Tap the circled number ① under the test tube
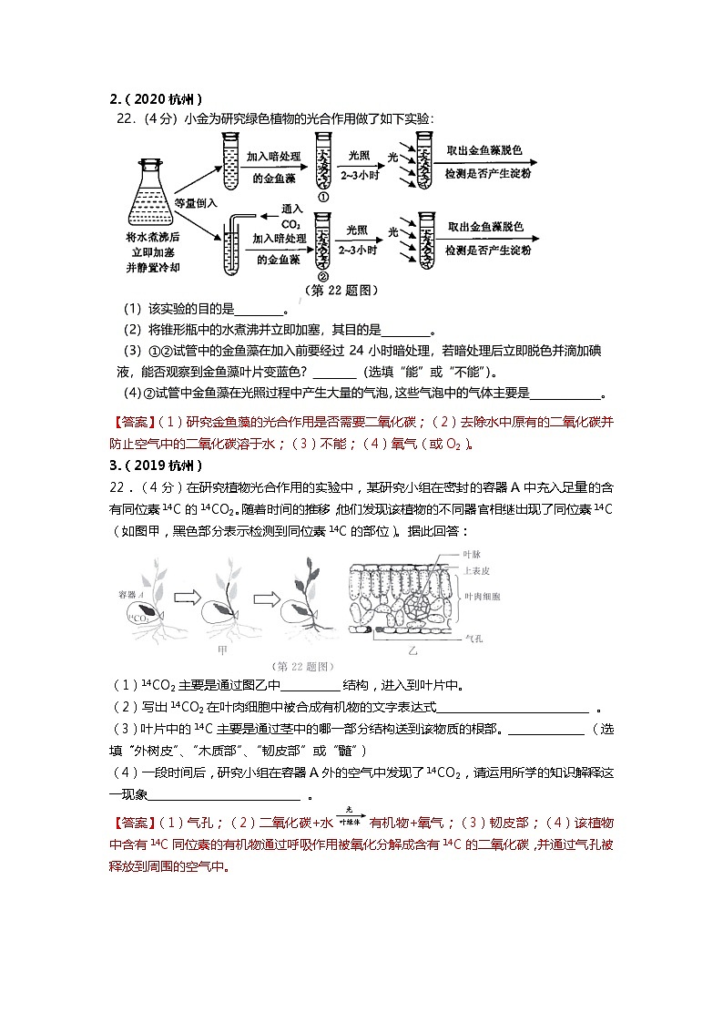click(322, 198)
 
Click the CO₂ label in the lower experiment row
click(291, 222)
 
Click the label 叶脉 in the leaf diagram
click(473, 554)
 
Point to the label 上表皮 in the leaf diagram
click(477, 571)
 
